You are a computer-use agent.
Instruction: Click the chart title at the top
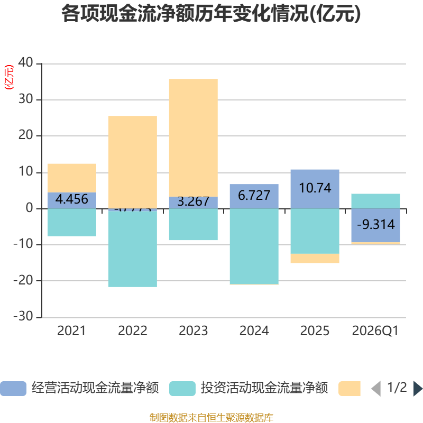point(211,14)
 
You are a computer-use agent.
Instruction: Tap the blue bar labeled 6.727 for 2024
point(254,196)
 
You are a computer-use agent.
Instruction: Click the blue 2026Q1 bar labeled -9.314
point(375,225)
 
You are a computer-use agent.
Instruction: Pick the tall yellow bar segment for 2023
point(193,137)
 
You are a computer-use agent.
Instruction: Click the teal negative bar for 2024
point(254,246)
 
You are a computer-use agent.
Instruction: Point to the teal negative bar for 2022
point(132,249)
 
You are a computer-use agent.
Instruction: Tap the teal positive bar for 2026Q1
point(375,201)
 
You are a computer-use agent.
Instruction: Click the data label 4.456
point(72,200)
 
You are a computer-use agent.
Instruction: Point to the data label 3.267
point(193,202)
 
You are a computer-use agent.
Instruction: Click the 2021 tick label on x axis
point(71,331)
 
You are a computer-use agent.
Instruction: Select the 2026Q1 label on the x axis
point(375,331)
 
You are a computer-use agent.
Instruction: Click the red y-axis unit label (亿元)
point(9,77)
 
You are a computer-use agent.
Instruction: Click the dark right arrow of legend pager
point(418,389)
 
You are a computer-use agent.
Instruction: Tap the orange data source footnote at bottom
point(211,418)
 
